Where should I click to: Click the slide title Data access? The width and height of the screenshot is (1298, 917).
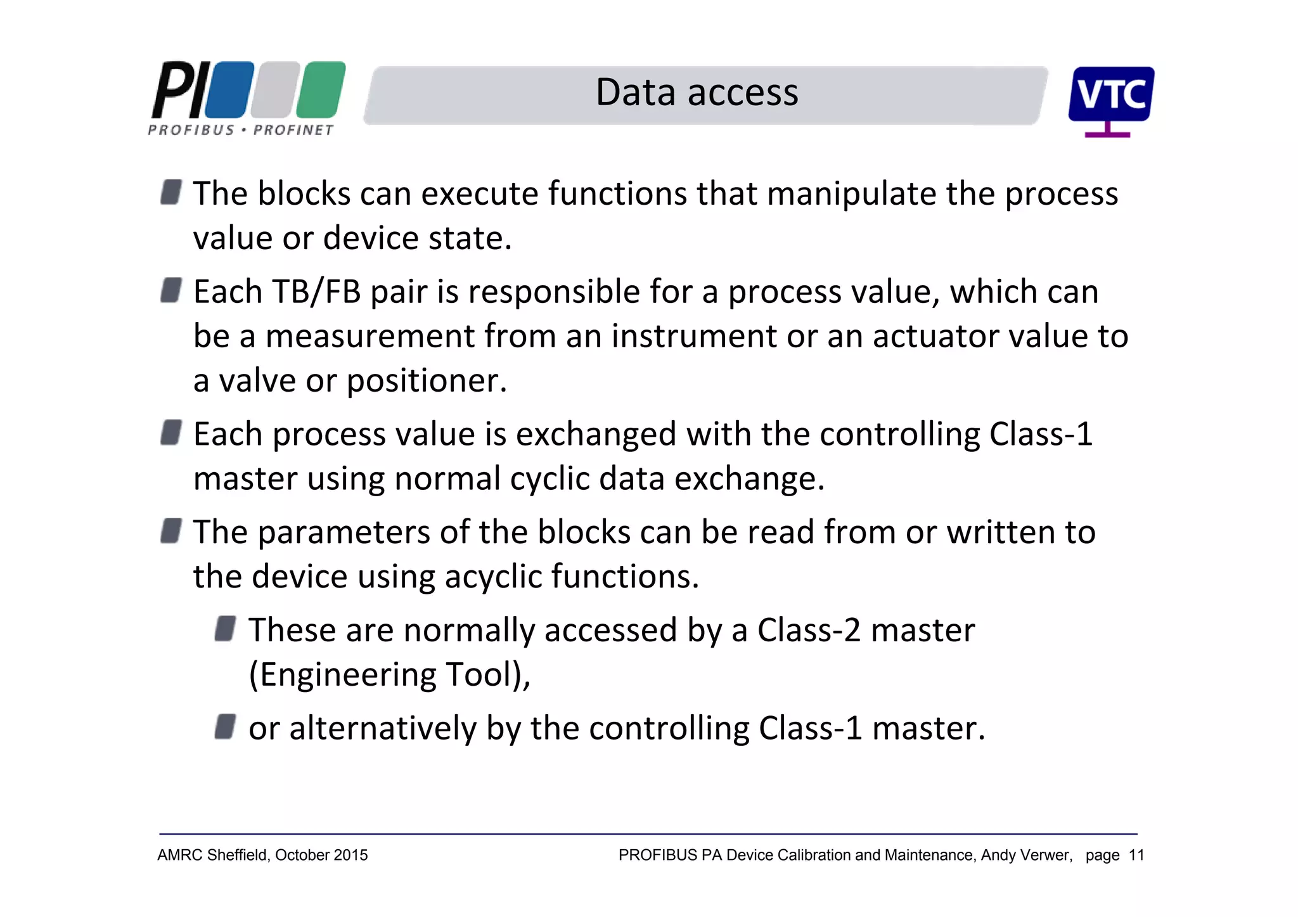pos(697,93)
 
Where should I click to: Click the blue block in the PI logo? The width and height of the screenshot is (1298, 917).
pos(229,89)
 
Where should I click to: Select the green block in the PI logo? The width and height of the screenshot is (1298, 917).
pos(321,89)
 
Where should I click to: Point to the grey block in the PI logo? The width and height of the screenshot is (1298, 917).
pos(274,89)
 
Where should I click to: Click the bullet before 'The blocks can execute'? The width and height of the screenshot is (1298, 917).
pos(171,191)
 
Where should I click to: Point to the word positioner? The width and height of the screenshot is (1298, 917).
pos(426,382)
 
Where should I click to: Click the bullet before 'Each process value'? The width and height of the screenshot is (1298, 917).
pos(171,433)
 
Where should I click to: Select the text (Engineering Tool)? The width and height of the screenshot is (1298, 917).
pos(389,675)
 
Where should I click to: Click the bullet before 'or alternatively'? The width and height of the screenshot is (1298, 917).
pos(225,726)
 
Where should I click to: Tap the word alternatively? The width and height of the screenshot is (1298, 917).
pos(382,729)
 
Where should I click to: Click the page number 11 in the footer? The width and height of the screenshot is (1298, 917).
pos(1136,856)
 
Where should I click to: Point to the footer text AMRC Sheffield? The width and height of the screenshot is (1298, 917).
pos(213,856)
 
